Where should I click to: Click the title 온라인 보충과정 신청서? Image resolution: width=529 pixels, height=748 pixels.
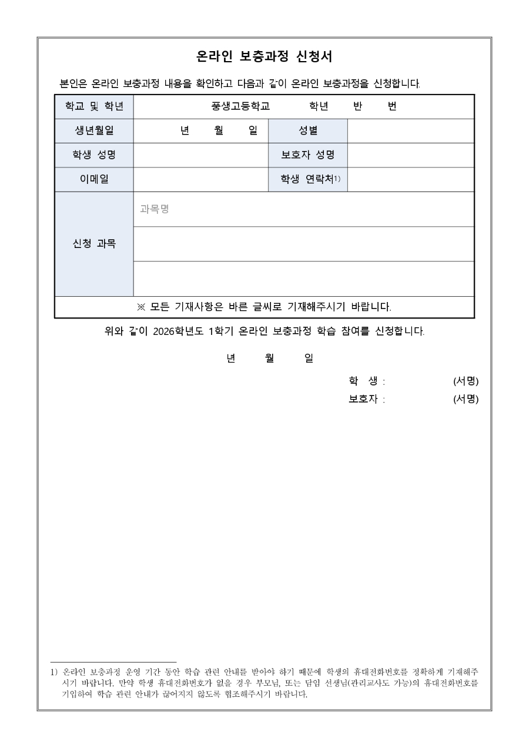[x=264, y=56]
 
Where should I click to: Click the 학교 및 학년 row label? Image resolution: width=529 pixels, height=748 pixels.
[x=94, y=106]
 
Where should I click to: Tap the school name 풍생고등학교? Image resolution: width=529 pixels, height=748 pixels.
[x=240, y=106]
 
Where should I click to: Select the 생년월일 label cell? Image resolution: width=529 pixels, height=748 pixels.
[x=94, y=130]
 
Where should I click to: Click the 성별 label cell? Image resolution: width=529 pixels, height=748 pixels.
[x=308, y=130]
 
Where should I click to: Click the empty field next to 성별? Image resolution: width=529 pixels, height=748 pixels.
[x=410, y=130]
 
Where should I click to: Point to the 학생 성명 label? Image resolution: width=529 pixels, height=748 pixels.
[x=94, y=155]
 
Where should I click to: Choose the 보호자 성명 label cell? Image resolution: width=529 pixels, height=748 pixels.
[x=308, y=155]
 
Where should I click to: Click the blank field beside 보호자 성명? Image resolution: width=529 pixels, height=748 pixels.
[x=410, y=155]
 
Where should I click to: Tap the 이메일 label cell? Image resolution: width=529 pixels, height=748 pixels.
[x=94, y=179]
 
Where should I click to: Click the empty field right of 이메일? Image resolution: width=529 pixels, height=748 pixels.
[x=200, y=179]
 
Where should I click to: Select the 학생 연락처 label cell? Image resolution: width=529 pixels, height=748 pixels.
[x=308, y=179]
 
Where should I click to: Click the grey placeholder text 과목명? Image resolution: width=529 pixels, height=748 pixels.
[x=155, y=209]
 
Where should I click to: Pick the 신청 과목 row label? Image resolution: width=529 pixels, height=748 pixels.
[x=94, y=243]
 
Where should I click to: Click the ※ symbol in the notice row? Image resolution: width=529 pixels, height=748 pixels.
[x=140, y=307]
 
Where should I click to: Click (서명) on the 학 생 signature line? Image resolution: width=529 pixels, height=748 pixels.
[x=466, y=381]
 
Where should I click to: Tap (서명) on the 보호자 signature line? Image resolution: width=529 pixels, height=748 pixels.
[x=466, y=400]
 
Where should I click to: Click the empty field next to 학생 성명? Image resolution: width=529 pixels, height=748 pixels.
[x=200, y=155]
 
